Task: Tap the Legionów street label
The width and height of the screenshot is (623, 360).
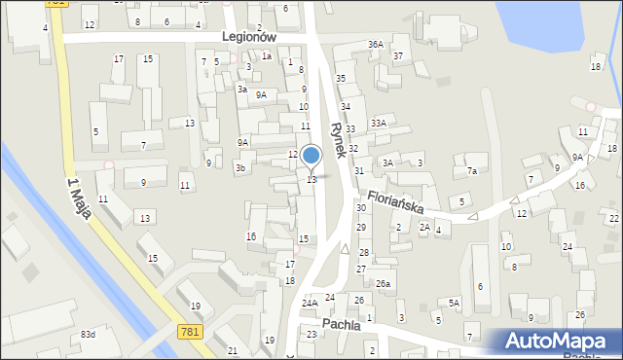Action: [x=250, y=36]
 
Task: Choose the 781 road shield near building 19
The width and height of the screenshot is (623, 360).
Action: [x=191, y=333]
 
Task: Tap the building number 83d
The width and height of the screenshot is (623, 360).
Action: [x=88, y=335]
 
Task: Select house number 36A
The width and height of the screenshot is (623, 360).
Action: [x=376, y=45]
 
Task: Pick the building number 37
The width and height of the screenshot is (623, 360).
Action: [x=398, y=55]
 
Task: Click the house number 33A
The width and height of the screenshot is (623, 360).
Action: [x=378, y=124]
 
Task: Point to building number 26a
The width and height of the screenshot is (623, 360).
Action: [x=384, y=284]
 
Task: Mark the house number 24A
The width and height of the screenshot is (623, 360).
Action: [x=310, y=304]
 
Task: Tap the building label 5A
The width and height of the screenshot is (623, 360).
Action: [x=454, y=304]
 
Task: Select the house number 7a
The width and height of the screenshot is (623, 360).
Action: [x=472, y=171]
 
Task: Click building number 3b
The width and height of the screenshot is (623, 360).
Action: [x=239, y=167]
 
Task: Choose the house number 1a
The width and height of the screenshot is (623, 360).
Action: [x=266, y=56]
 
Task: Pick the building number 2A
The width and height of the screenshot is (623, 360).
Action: [x=424, y=227]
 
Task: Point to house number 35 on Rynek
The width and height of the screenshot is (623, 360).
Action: [x=341, y=78]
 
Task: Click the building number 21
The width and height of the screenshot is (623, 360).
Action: [x=232, y=350]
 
